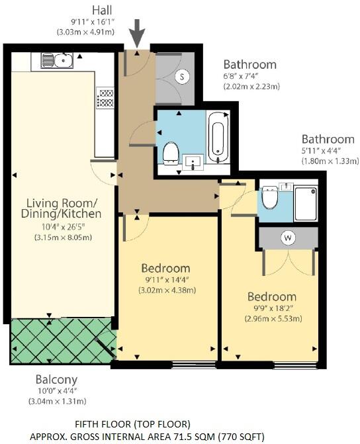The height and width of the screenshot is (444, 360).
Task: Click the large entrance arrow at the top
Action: (x=138, y=31)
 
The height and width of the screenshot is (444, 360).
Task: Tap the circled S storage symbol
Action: (x=181, y=77)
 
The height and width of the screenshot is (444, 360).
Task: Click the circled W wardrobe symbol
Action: (x=289, y=236)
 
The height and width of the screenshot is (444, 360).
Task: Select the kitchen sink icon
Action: (x=56, y=61)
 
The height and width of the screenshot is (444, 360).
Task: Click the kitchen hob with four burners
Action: (x=105, y=98)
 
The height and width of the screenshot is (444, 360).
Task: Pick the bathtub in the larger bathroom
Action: (x=218, y=138)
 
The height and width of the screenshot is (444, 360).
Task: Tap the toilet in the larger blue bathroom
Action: (x=171, y=152)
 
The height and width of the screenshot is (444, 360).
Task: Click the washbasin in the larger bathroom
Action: (x=193, y=161)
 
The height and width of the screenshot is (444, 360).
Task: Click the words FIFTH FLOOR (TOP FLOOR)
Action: (x=132, y=423)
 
